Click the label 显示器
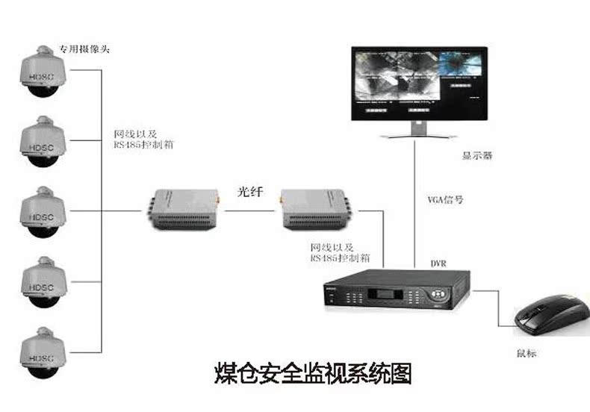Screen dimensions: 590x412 click(x=477, y=157)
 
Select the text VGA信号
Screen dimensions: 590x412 click(x=445, y=200)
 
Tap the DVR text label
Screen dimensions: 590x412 click(x=438, y=263)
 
